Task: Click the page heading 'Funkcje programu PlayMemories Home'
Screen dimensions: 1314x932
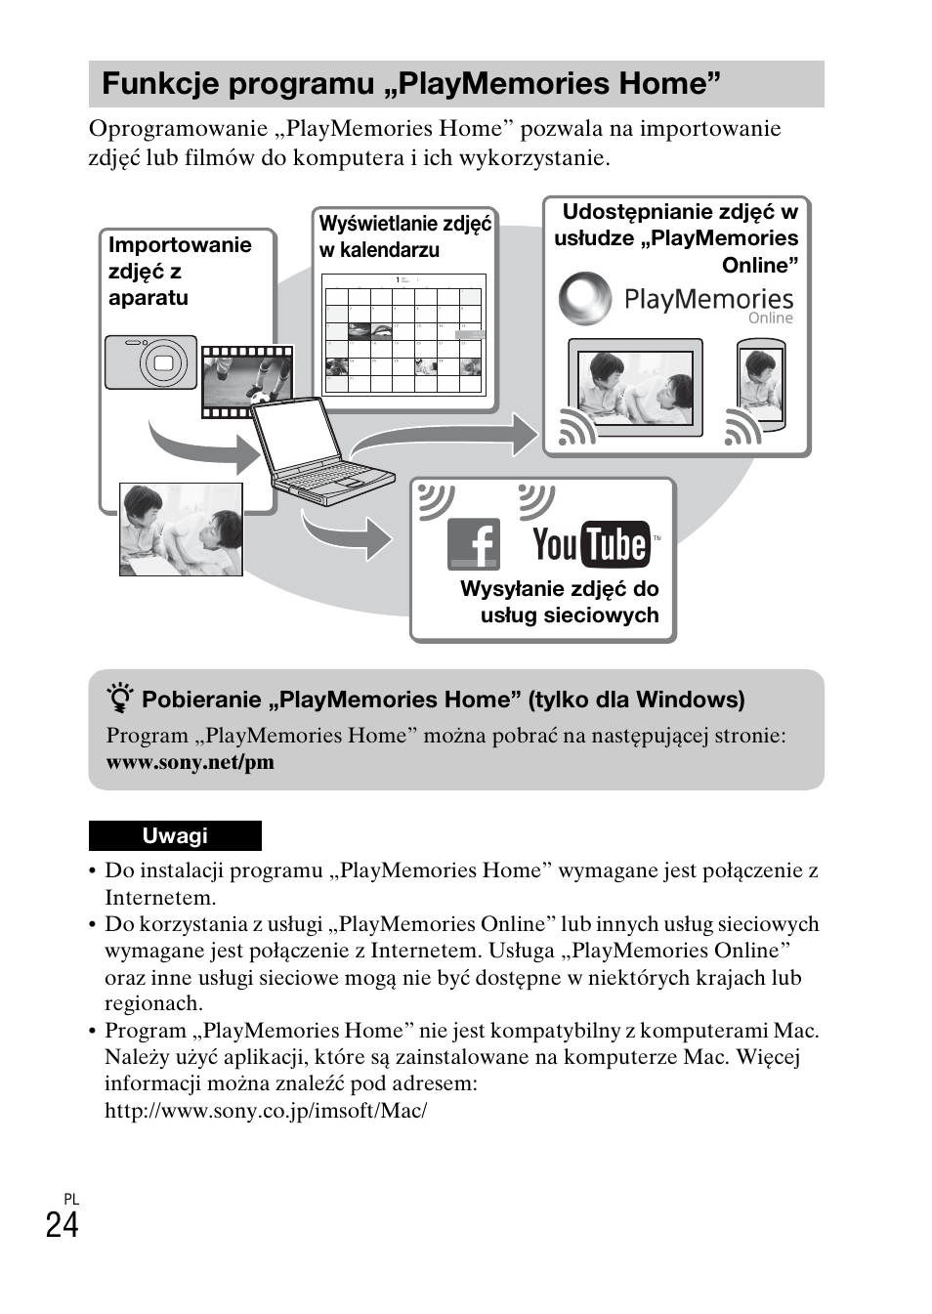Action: point(410,84)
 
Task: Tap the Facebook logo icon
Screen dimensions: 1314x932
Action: point(474,544)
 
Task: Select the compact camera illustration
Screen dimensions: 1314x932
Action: point(151,362)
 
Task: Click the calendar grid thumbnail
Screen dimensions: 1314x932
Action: point(403,333)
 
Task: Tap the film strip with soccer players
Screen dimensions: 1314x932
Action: point(247,381)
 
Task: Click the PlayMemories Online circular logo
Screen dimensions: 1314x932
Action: point(585,299)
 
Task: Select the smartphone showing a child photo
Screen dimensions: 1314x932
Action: point(761,385)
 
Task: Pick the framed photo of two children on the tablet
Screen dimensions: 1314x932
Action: point(636,387)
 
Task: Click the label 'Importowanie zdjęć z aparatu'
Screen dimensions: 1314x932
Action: point(179,272)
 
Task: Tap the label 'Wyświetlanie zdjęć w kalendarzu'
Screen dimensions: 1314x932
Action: point(404,236)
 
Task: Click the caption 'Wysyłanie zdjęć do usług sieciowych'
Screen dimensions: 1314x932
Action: point(560,602)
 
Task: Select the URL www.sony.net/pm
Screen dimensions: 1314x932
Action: point(191,763)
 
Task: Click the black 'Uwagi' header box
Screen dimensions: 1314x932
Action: point(175,836)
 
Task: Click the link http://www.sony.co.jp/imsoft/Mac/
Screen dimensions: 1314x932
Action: point(266,1111)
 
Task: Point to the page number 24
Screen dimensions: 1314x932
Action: point(62,1225)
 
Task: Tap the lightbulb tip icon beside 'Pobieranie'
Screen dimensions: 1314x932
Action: point(120,699)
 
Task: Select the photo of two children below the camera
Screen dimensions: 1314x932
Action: point(181,530)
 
